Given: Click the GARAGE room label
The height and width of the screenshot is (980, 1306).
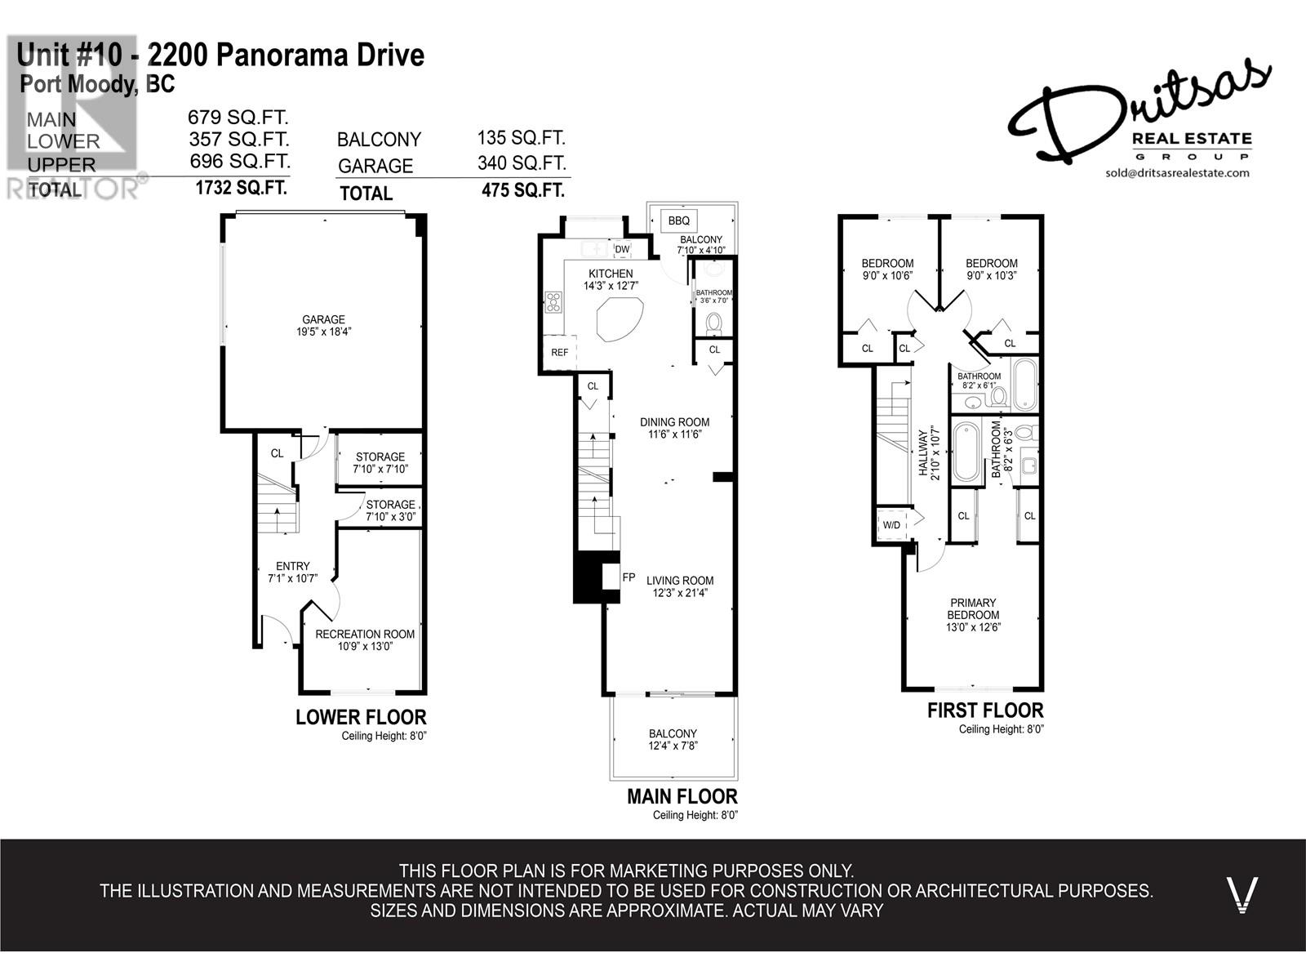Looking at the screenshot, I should (x=323, y=320).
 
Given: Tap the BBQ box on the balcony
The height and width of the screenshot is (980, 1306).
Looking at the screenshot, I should (x=678, y=220).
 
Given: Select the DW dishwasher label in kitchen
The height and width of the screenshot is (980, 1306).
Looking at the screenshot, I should (x=622, y=250).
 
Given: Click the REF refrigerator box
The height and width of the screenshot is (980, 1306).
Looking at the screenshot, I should (x=560, y=353).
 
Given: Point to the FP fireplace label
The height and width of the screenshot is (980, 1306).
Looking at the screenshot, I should (x=629, y=577).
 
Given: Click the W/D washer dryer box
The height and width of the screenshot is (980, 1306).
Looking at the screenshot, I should (x=891, y=525).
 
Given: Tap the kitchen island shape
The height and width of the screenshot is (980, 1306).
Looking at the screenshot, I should (x=620, y=319).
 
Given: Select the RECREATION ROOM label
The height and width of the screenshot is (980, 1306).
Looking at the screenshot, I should (x=365, y=635).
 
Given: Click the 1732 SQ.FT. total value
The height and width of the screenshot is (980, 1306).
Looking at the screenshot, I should (x=241, y=189).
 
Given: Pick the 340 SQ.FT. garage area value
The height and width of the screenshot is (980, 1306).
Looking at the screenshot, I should (x=522, y=163).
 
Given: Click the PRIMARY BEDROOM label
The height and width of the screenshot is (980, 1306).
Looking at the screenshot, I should (x=973, y=609).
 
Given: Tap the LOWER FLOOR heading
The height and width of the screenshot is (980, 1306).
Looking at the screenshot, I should (x=361, y=718).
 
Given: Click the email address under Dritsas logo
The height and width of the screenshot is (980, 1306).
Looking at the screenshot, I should (x=1177, y=173).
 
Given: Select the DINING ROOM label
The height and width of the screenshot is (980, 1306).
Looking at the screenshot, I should (x=674, y=422).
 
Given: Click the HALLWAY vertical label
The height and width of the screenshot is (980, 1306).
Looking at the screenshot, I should (x=925, y=452).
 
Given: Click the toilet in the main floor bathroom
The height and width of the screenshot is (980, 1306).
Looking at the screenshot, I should (x=714, y=324).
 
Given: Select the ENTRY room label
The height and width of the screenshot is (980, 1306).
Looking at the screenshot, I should (x=292, y=566).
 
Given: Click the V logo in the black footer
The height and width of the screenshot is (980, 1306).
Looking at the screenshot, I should (x=1242, y=894).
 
